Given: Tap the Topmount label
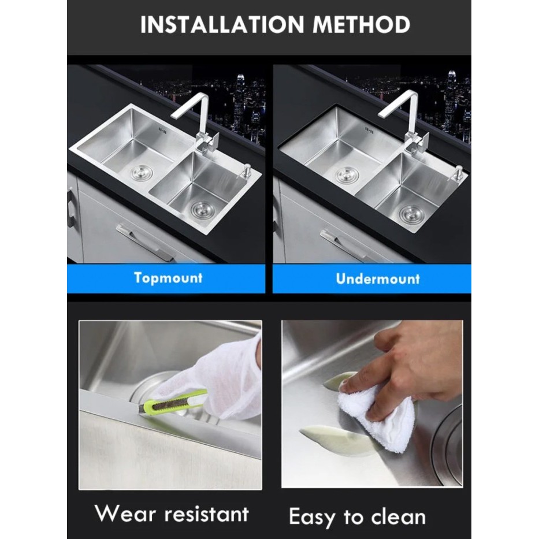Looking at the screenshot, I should click(x=168, y=277).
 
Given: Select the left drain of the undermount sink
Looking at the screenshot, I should click(x=347, y=174).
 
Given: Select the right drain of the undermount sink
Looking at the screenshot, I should click(x=411, y=213).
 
